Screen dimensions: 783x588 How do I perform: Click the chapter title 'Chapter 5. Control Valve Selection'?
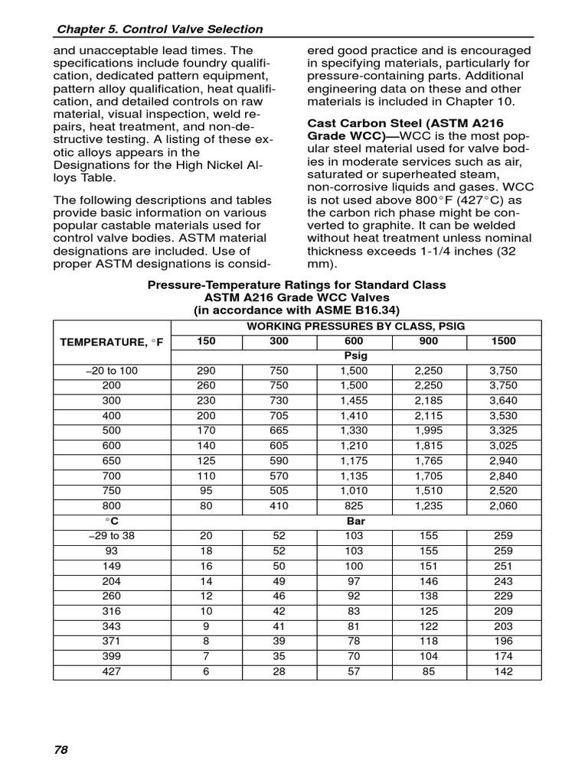(x=159, y=29)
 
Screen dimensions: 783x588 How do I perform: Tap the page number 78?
(x=61, y=749)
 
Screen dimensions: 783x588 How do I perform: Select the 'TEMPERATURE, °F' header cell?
(x=112, y=341)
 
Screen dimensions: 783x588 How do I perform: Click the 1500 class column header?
(x=503, y=341)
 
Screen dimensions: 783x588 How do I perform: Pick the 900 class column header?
(x=429, y=341)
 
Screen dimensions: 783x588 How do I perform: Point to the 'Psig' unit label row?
(x=356, y=356)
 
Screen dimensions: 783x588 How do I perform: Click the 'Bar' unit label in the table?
(x=356, y=521)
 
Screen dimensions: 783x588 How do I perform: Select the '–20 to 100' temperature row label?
(x=112, y=370)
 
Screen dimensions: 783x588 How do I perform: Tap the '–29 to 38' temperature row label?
(x=112, y=535)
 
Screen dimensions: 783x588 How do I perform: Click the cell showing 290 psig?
(x=207, y=370)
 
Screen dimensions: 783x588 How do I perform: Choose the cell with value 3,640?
(x=503, y=400)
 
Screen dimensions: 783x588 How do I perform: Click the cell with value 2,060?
(x=503, y=505)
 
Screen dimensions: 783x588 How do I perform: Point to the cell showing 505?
(x=280, y=490)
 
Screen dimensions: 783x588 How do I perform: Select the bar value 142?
(x=503, y=671)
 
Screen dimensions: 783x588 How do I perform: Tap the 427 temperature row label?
(x=112, y=671)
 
